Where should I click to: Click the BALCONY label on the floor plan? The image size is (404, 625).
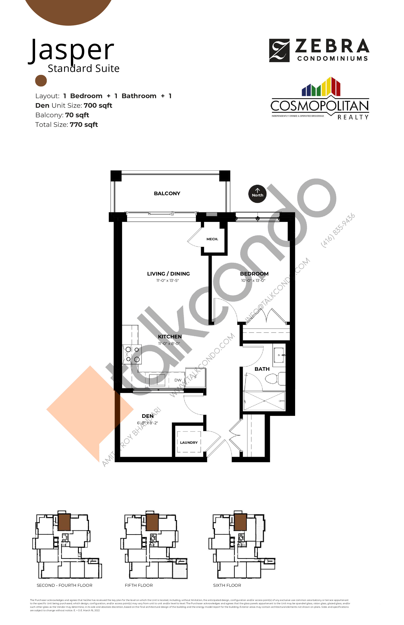167,194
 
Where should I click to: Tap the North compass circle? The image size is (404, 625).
257,194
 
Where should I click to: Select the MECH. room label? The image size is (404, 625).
212,239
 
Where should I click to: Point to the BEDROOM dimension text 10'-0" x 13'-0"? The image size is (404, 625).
253,281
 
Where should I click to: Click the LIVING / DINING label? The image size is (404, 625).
168,274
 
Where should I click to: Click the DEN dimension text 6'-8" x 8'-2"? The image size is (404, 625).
147,423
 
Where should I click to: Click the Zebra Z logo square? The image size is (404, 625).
279,50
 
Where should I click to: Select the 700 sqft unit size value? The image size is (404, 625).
98,106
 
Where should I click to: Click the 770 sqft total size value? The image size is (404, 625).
84,125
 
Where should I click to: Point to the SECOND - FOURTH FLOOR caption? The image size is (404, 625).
64,585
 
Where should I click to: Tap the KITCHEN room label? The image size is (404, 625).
170,337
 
